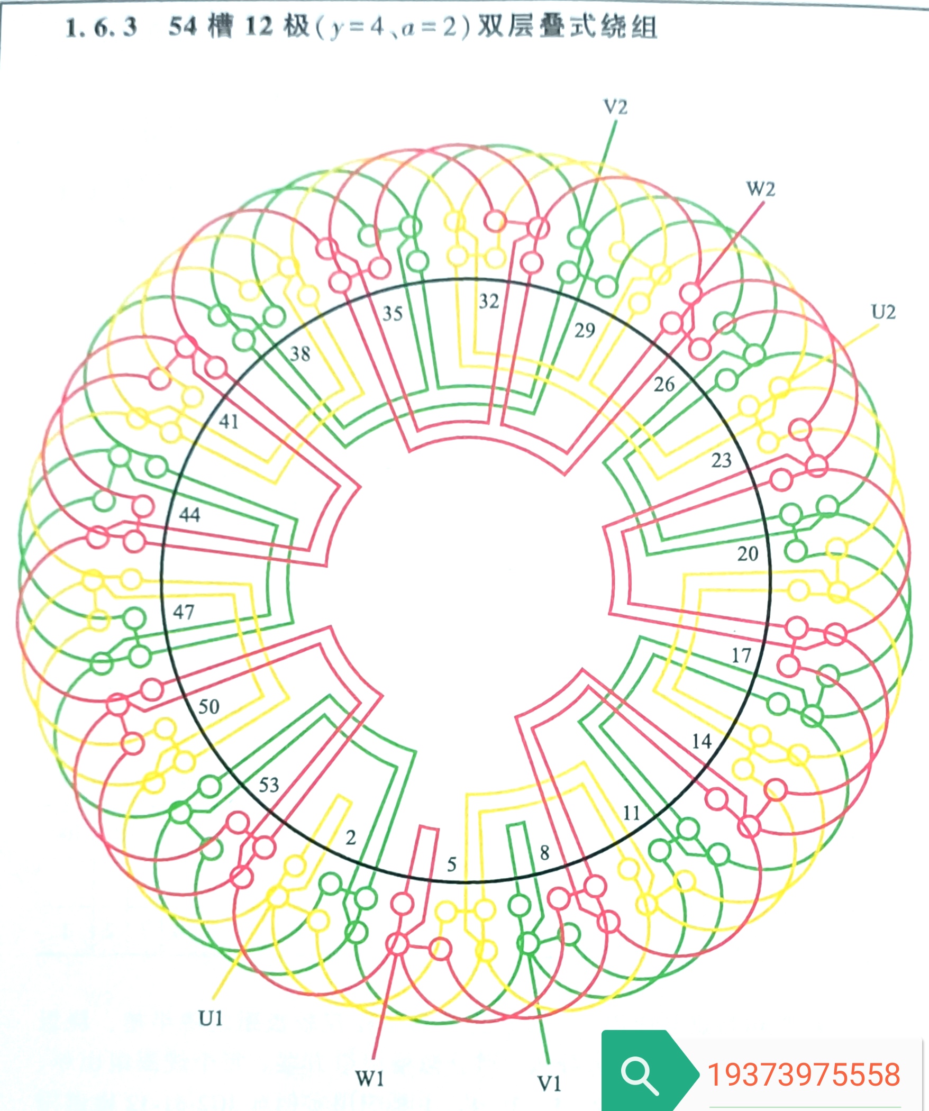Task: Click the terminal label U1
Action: (211, 1017)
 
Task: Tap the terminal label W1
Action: (369, 1078)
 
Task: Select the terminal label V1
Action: (549, 1083)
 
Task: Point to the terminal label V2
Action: (616, 107)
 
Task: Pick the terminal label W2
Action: (761, 189)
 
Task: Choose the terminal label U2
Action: (884, 312)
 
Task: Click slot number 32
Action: (489, 302)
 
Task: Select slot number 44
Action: (190, 514)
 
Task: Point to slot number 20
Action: (748, 554)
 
